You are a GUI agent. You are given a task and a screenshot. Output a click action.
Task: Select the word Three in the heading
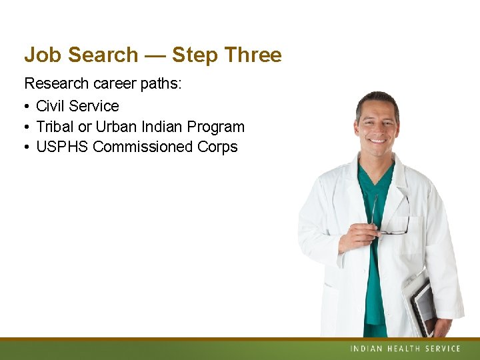pyautogui.click(x=253, y=55)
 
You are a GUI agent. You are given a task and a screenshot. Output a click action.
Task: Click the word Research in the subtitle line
pyautogui.click(x=55, y=84)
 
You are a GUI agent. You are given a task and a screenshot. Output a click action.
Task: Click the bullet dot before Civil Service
pyautogui.click(x=27, y=107)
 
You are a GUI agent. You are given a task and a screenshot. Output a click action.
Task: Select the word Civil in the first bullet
pyautogui.click(x=51, y=106)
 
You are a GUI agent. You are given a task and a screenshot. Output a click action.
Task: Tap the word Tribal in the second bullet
pyautogui.click(x=55, y=127)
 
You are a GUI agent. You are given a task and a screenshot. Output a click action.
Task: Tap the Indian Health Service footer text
pyautogui.click(x=405, y=349)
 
